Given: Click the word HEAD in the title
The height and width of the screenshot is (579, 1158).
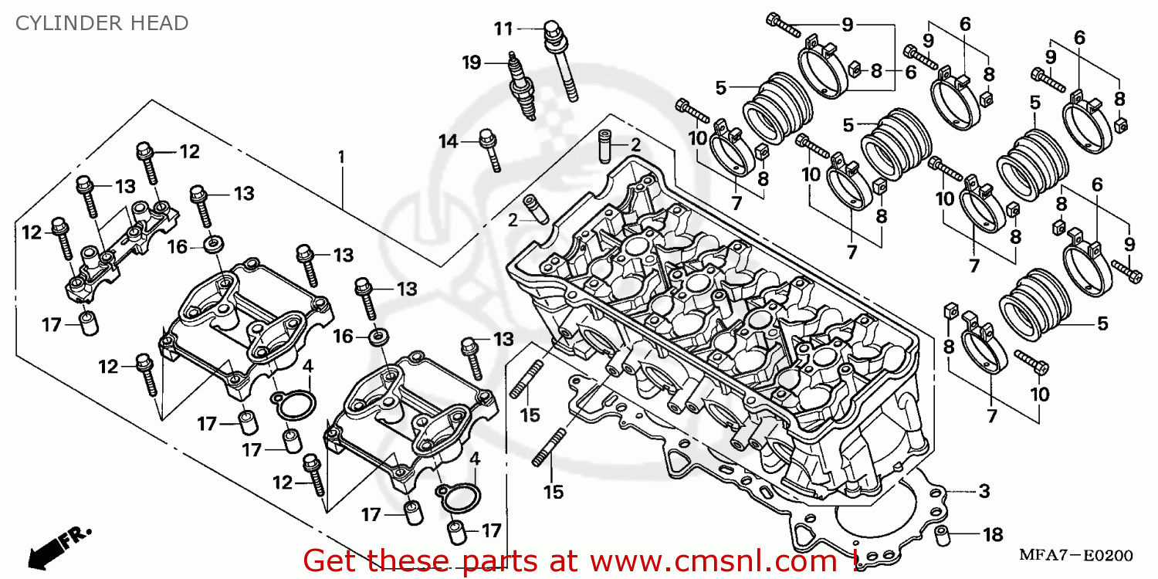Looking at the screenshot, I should pyautogui.click(x=161, y=23).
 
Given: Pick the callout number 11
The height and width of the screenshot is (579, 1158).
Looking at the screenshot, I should pyautogui.click(x=503, y=29).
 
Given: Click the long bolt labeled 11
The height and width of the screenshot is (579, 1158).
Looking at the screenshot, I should pyautogui.click(x=561, y=62).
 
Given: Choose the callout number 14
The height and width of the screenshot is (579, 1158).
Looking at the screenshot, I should pyautogui.click(x=449, y=141).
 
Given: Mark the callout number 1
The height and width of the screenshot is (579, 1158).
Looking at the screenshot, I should pyautogui.click(x=340, y=157).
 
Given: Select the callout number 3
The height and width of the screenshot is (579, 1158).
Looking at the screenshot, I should pyautogui.click(x=984, y=491).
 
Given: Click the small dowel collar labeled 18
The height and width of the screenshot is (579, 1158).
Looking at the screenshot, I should pyautogui.click(x=943, y=533).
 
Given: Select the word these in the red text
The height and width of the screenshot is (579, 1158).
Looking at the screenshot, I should pyautogui.click(x=405, y=560).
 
